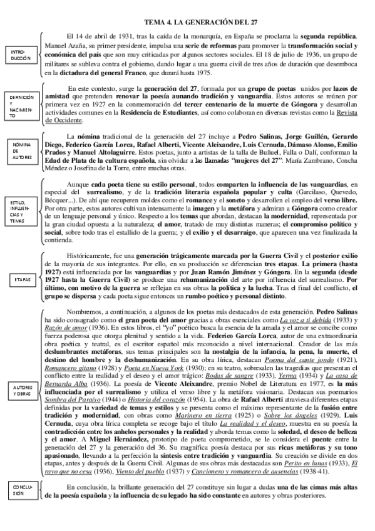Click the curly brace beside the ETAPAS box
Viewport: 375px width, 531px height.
pyautogui.click(x=41, y=280)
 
